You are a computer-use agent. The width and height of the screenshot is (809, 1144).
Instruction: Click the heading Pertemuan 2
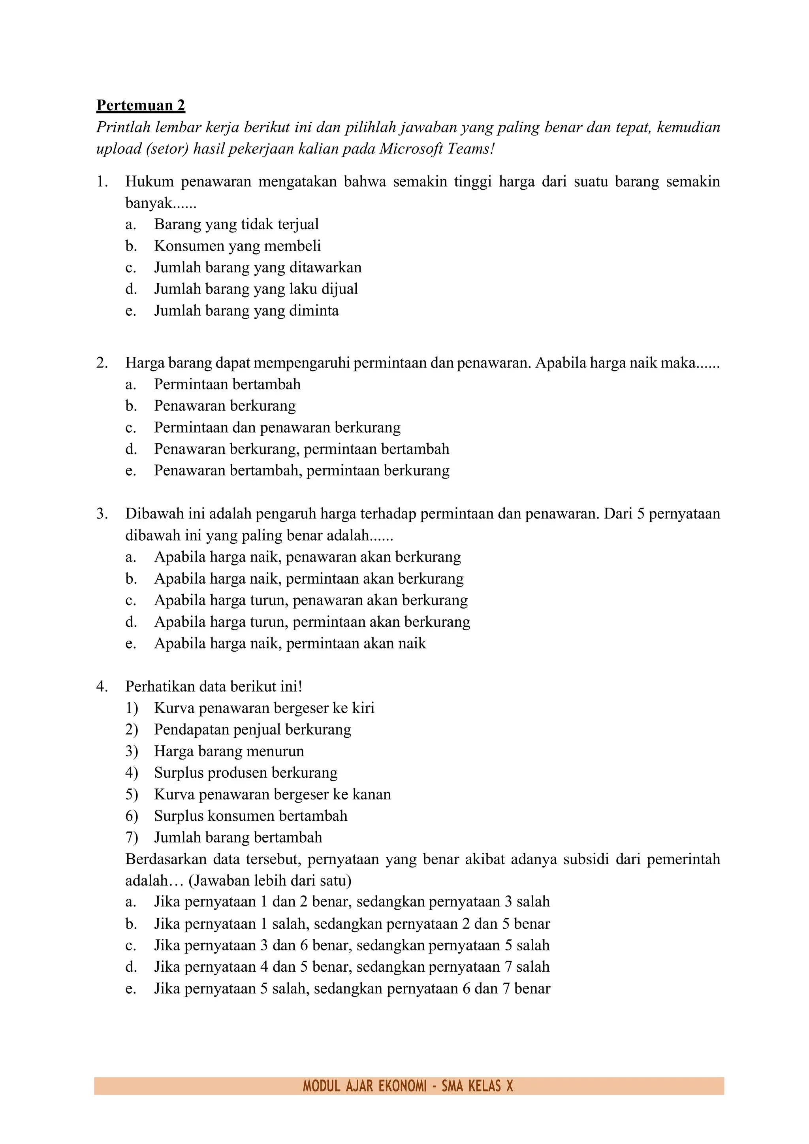[x=141, y=106]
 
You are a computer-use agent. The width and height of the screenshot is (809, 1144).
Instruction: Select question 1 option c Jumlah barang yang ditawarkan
[x=258, y=268]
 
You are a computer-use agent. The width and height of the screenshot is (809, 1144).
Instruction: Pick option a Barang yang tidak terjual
[x=236, y=224]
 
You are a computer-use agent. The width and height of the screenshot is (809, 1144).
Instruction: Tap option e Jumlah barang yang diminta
[x=246, y=311]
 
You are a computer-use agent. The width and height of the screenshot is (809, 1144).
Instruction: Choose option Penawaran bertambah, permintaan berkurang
[x=301, y=470]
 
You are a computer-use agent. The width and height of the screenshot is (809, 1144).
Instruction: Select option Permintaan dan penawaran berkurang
[x=277, y=428]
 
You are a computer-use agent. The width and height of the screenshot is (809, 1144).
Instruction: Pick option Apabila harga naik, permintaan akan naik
[x=290, y=643]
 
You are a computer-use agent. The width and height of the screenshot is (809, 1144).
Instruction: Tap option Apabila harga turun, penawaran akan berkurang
[x=311, y=600]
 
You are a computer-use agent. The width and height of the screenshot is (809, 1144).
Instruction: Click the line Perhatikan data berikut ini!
[x=214, y=687]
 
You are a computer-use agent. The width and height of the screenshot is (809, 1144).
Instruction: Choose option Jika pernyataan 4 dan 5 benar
[x=351, y=967]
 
